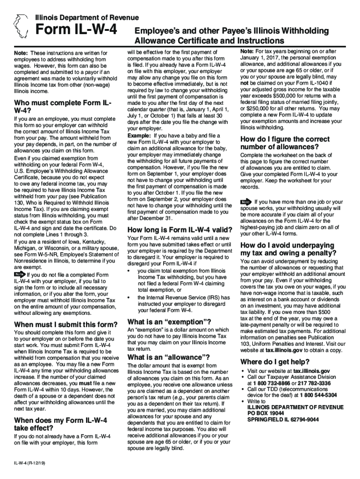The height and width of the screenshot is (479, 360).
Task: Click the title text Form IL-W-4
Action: pos(76,30)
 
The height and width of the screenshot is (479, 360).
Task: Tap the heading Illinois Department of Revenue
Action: pos(87,18)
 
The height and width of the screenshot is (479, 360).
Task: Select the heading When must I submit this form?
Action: pos(66,325)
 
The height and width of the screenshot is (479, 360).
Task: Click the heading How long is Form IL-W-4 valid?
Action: pos(180,230)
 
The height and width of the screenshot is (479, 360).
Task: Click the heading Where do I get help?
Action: pos(274,362)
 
